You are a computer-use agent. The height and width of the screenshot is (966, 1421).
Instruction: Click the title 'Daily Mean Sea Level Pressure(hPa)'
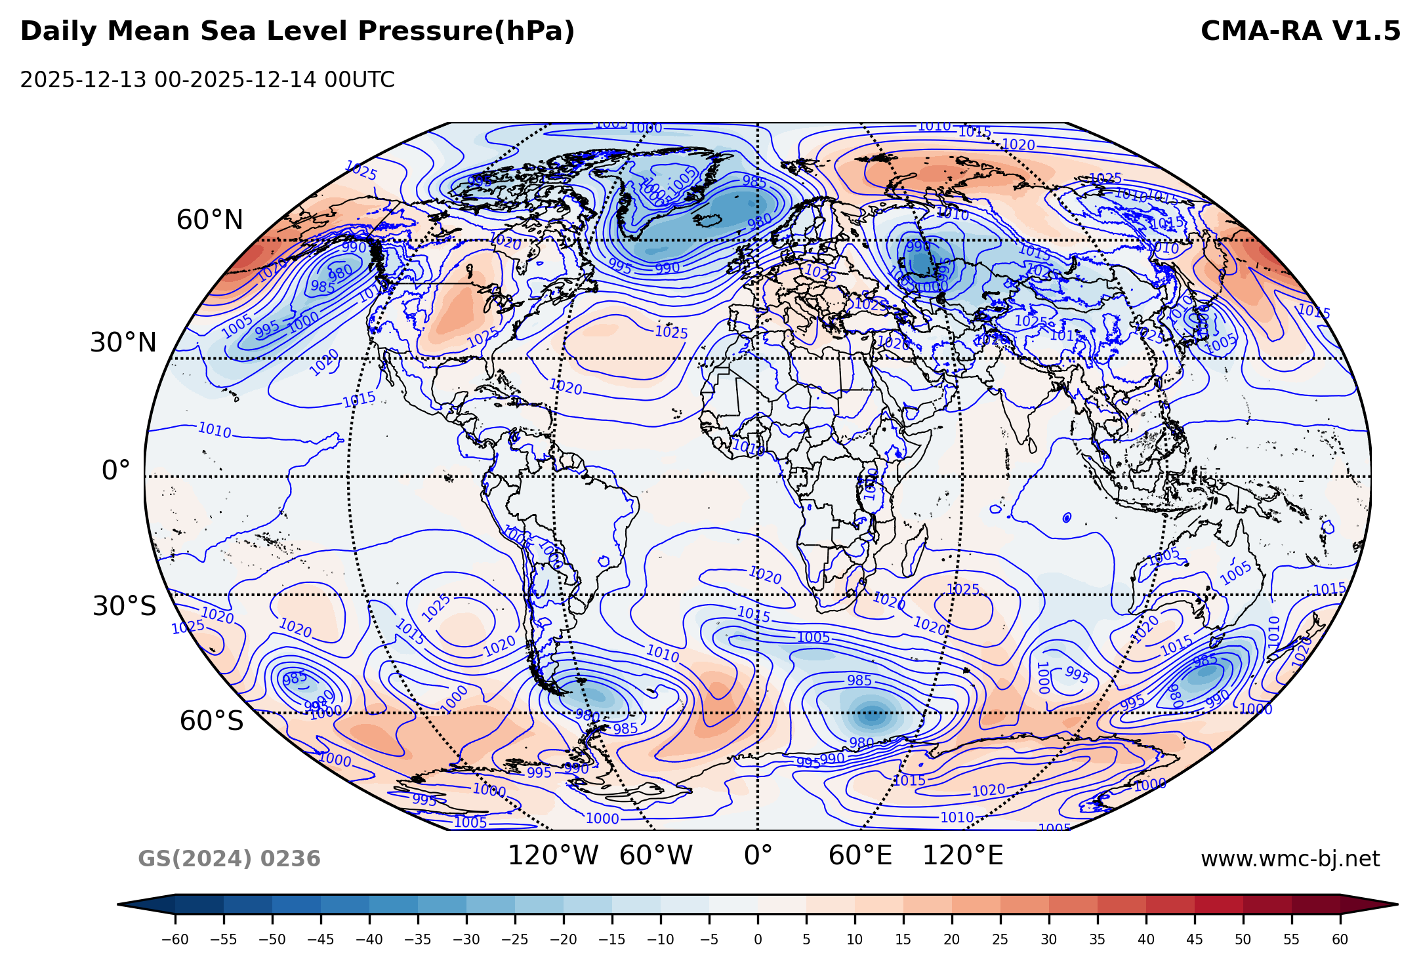297,31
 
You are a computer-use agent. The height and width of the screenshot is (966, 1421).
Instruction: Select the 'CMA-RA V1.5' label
1300,31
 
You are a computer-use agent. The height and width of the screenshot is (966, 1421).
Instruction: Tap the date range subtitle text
207,80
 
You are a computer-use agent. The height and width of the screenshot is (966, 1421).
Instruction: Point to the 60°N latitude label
209,220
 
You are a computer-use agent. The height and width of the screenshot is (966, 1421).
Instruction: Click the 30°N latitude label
123,343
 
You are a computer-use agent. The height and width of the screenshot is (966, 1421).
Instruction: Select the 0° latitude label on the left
115,471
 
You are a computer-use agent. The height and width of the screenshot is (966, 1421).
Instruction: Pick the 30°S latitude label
124,607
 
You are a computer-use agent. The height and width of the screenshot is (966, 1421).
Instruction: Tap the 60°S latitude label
211,721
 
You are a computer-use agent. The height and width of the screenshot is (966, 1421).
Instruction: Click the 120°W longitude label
553,856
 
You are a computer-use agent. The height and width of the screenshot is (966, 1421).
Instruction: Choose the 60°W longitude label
655,856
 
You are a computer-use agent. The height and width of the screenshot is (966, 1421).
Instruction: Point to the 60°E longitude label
860,856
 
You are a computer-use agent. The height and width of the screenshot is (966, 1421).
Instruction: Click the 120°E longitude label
962,856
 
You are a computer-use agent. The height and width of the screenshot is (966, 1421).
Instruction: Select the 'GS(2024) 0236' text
229,859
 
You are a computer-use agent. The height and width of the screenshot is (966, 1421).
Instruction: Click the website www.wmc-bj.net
1290,859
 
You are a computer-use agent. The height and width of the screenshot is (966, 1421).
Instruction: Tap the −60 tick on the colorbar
175,940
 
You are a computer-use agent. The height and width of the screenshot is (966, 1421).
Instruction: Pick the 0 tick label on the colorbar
758,940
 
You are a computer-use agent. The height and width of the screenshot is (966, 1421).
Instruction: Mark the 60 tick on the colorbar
1340,940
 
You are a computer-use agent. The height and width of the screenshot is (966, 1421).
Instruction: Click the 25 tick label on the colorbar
1000,940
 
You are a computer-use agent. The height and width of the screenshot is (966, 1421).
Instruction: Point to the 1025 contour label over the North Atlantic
671,332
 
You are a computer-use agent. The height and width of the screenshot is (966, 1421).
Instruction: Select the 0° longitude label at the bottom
758,856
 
